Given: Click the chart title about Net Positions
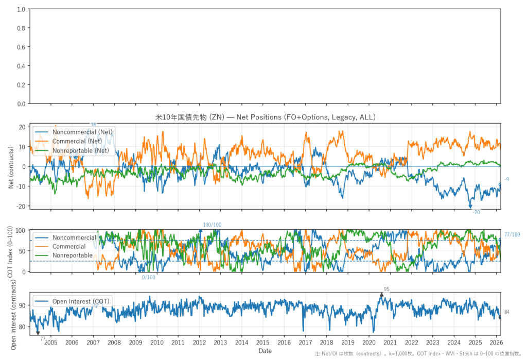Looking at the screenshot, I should pos(266,117).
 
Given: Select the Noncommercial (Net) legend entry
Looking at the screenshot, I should pos(82,132).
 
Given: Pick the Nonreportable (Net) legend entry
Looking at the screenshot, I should pos(81,150).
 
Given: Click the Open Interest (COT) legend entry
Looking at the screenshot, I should pos(81,301).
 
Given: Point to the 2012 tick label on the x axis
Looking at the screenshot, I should pos(199,342).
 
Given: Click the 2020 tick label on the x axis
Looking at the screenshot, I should pos(369,342).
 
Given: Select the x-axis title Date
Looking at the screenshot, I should pos(265,351).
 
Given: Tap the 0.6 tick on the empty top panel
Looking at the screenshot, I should pos(21,47).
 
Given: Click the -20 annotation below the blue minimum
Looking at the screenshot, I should pos(476,212).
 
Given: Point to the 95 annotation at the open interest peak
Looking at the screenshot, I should pos(387,289).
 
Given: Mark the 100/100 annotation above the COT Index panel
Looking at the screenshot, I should pos(212,225).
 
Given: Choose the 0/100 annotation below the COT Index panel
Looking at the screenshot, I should pos(149,278).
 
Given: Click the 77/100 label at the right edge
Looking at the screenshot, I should pos(512,235).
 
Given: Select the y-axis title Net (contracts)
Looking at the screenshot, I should pos(11,166).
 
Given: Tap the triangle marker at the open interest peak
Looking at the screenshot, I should pos(381,295).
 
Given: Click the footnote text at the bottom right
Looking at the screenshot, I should pos(419,354).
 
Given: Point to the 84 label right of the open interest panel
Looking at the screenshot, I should pos(507,312).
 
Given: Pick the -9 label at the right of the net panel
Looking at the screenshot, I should pos(507,179).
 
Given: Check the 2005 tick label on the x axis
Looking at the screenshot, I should pos(51,342).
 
